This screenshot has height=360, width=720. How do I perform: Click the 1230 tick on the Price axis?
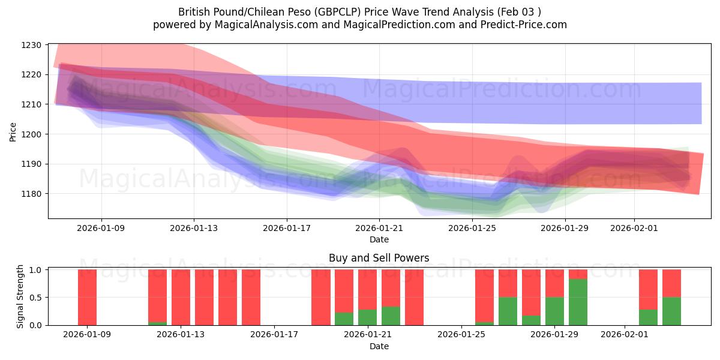pyautogui.click(x=31, y=45)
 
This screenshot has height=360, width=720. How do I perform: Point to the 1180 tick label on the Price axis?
pyautogui.click(x=31, y=194)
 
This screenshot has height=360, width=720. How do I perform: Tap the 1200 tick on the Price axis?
pyautogui.click(x=31, y=134)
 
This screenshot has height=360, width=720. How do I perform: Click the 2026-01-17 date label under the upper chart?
pyautogui.click(x=287, y=228)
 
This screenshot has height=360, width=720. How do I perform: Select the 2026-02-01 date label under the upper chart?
pyautogui.click(x=634, y=228)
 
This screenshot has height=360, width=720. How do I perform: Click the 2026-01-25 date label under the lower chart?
pyautogui.click(x=461, y=335)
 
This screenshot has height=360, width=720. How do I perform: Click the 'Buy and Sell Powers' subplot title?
pyautogui.click(x=379, y=258)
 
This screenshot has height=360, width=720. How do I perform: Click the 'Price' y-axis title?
pyautogui.click(x=13, y=131)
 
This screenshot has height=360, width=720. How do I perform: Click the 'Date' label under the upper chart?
pyautogui.click(x=379, y=239)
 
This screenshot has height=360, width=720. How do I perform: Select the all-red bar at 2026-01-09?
pyautogui.click(x=87, y=297)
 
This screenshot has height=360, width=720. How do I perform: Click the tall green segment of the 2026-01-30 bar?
pyautogui.click(x=578, y=302)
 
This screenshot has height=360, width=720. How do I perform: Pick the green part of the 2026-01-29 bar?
pyautogui.click(x=554, y=311)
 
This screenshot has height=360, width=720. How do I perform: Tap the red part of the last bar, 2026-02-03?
pyautogui.click(x=671, y=283)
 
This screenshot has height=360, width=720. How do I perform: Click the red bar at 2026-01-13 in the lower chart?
pyautogui.click(x=181, y=297)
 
